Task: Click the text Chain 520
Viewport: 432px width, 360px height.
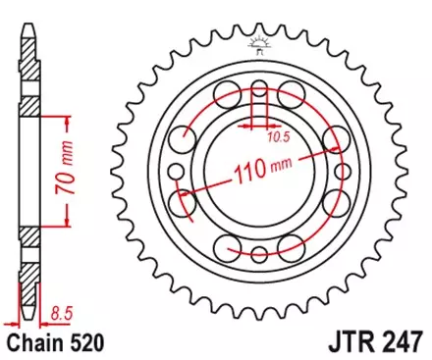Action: pos(54,343)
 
